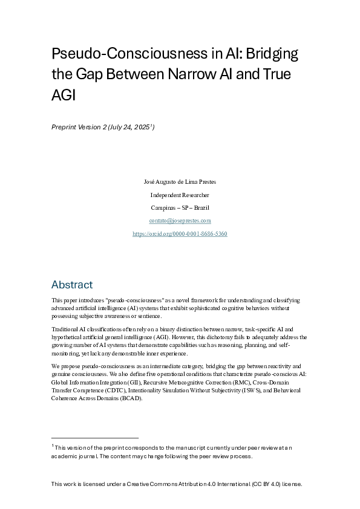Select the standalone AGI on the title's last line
click(63, 95)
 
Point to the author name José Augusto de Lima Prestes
click(180, 181)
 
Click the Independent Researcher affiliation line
click(180, 195)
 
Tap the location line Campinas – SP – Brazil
click(180, 208)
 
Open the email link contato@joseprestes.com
click(180, 221)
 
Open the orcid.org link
click(180, 234)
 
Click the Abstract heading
click(72, 285)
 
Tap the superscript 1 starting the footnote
click(53, 446)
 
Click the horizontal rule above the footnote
click(95, 438)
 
